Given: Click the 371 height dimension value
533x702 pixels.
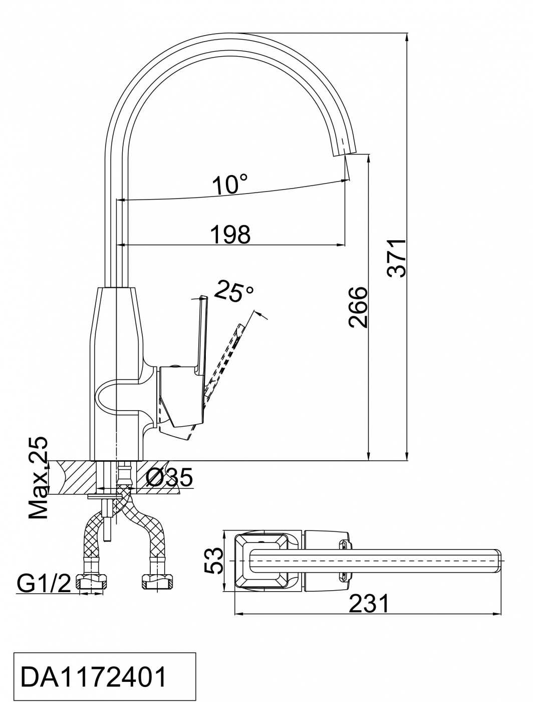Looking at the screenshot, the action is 396,257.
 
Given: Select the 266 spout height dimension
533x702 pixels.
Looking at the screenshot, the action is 358,307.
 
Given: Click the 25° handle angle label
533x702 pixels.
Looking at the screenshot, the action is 234,290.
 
